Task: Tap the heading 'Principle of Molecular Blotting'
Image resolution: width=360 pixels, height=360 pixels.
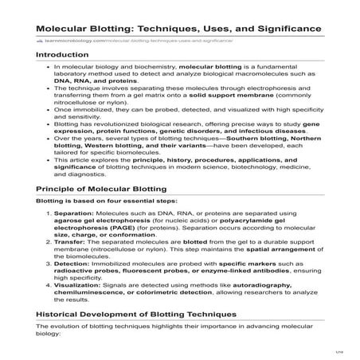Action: pos(101,188)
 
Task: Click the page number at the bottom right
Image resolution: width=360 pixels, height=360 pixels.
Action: pos(338,351)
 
